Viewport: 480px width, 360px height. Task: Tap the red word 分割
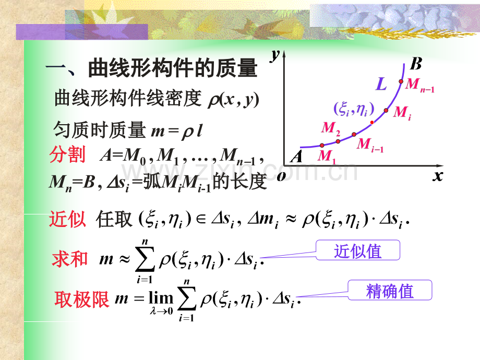pyautogui.click(x=67, y=154)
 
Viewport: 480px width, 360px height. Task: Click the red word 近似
pyautogui.click(x=67, y=219)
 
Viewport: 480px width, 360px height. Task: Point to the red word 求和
pyautogui.click(x=70, y=259)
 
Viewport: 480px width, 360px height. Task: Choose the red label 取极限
pyautogui.click(x=82, y=299)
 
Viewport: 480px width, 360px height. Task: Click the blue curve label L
pyautogui.click(x=381, y=83)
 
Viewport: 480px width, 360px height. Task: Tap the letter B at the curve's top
pyautogui.click(x=416, y=64)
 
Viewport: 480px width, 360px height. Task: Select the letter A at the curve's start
pyautogui.click(x=296, y=157)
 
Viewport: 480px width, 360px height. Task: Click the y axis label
pyautogui.click(x=275, y=55)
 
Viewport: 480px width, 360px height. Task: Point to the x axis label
pyautogui.click(x=438, y=176)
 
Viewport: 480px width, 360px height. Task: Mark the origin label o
pyautogui.click(x=281, y=176)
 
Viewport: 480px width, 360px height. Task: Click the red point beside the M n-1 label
pyautogui.click(x=401, y=81)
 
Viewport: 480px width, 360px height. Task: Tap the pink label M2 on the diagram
pyautogui.click(x=331, y=128)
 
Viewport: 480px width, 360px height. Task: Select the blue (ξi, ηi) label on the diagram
pyautogui.click(x=354, y=109)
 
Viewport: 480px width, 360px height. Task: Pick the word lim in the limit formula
pyautogui.click(x=161, y=297)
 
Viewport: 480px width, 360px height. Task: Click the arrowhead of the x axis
pyautogui.click(x=440, y=165)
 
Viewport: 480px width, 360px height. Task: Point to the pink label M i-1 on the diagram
pyautogui.click(x=370, y=145)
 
